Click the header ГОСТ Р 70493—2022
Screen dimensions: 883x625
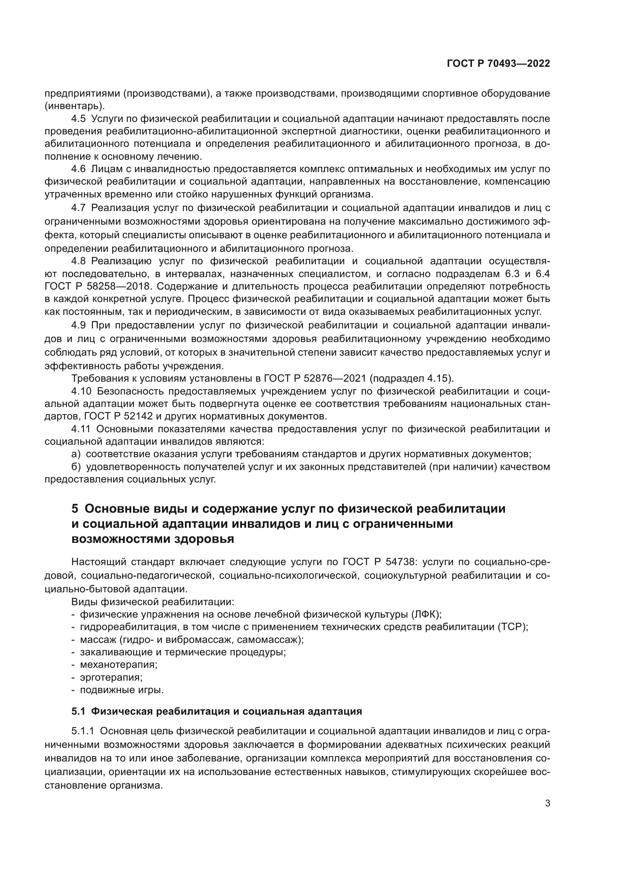coord(498,64)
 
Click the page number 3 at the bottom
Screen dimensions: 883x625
coord(547,803)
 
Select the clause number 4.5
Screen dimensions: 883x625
coord(79,119)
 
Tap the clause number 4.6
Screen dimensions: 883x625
coord(79,169)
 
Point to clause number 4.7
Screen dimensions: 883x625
coord(79,208)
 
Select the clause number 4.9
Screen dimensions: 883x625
coord(79,325)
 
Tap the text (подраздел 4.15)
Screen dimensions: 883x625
coord(412,378)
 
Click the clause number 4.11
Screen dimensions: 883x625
coord(81,429)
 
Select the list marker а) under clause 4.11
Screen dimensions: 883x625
coord(76,454)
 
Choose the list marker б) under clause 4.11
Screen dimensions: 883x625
coord(76,467)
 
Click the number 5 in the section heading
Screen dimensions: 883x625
coord(75,509)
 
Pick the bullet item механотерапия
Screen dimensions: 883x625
coord(119,664)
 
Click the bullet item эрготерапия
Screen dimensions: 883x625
coord(111,677)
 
